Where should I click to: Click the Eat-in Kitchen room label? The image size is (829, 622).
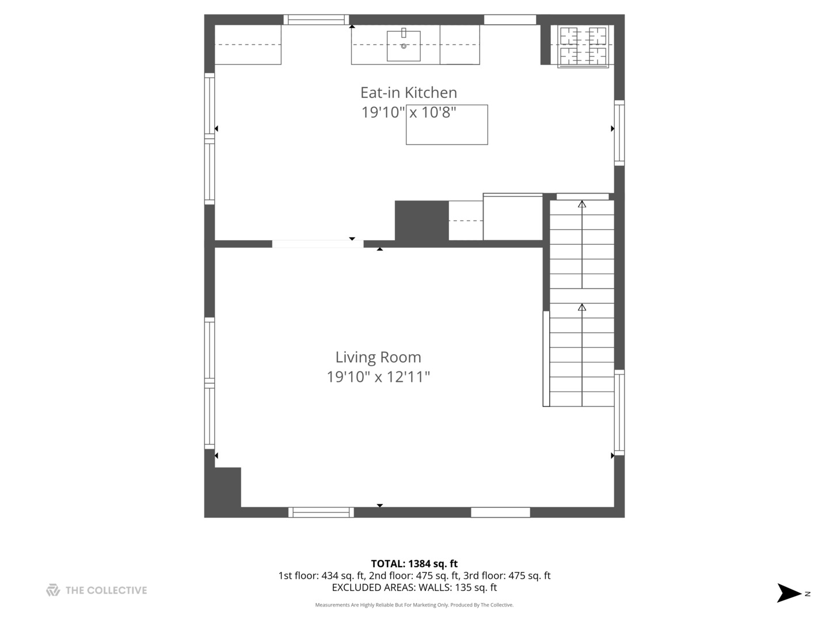pos(408,93)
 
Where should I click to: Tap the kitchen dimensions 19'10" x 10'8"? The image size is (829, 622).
pos(408,112)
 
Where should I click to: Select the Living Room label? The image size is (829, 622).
pos(378,357)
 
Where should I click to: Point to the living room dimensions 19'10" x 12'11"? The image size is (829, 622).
pos(378,377)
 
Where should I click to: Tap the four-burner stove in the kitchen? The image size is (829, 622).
pos(583,47)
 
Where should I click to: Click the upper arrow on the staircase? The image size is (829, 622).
pos(582,204)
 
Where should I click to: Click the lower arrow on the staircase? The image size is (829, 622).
pos(582,308)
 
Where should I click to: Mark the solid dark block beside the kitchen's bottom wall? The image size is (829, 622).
pos(421,221)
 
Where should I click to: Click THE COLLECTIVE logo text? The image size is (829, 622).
pos(106,590)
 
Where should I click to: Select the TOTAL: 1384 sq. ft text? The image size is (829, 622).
pos(414,564)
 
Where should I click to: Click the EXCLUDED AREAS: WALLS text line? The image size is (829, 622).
pos(414,587)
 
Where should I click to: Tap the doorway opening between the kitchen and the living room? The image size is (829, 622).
pos(317,244)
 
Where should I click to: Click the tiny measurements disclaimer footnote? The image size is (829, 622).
pos(414,605)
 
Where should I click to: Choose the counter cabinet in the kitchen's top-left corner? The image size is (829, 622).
pos(248,45)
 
